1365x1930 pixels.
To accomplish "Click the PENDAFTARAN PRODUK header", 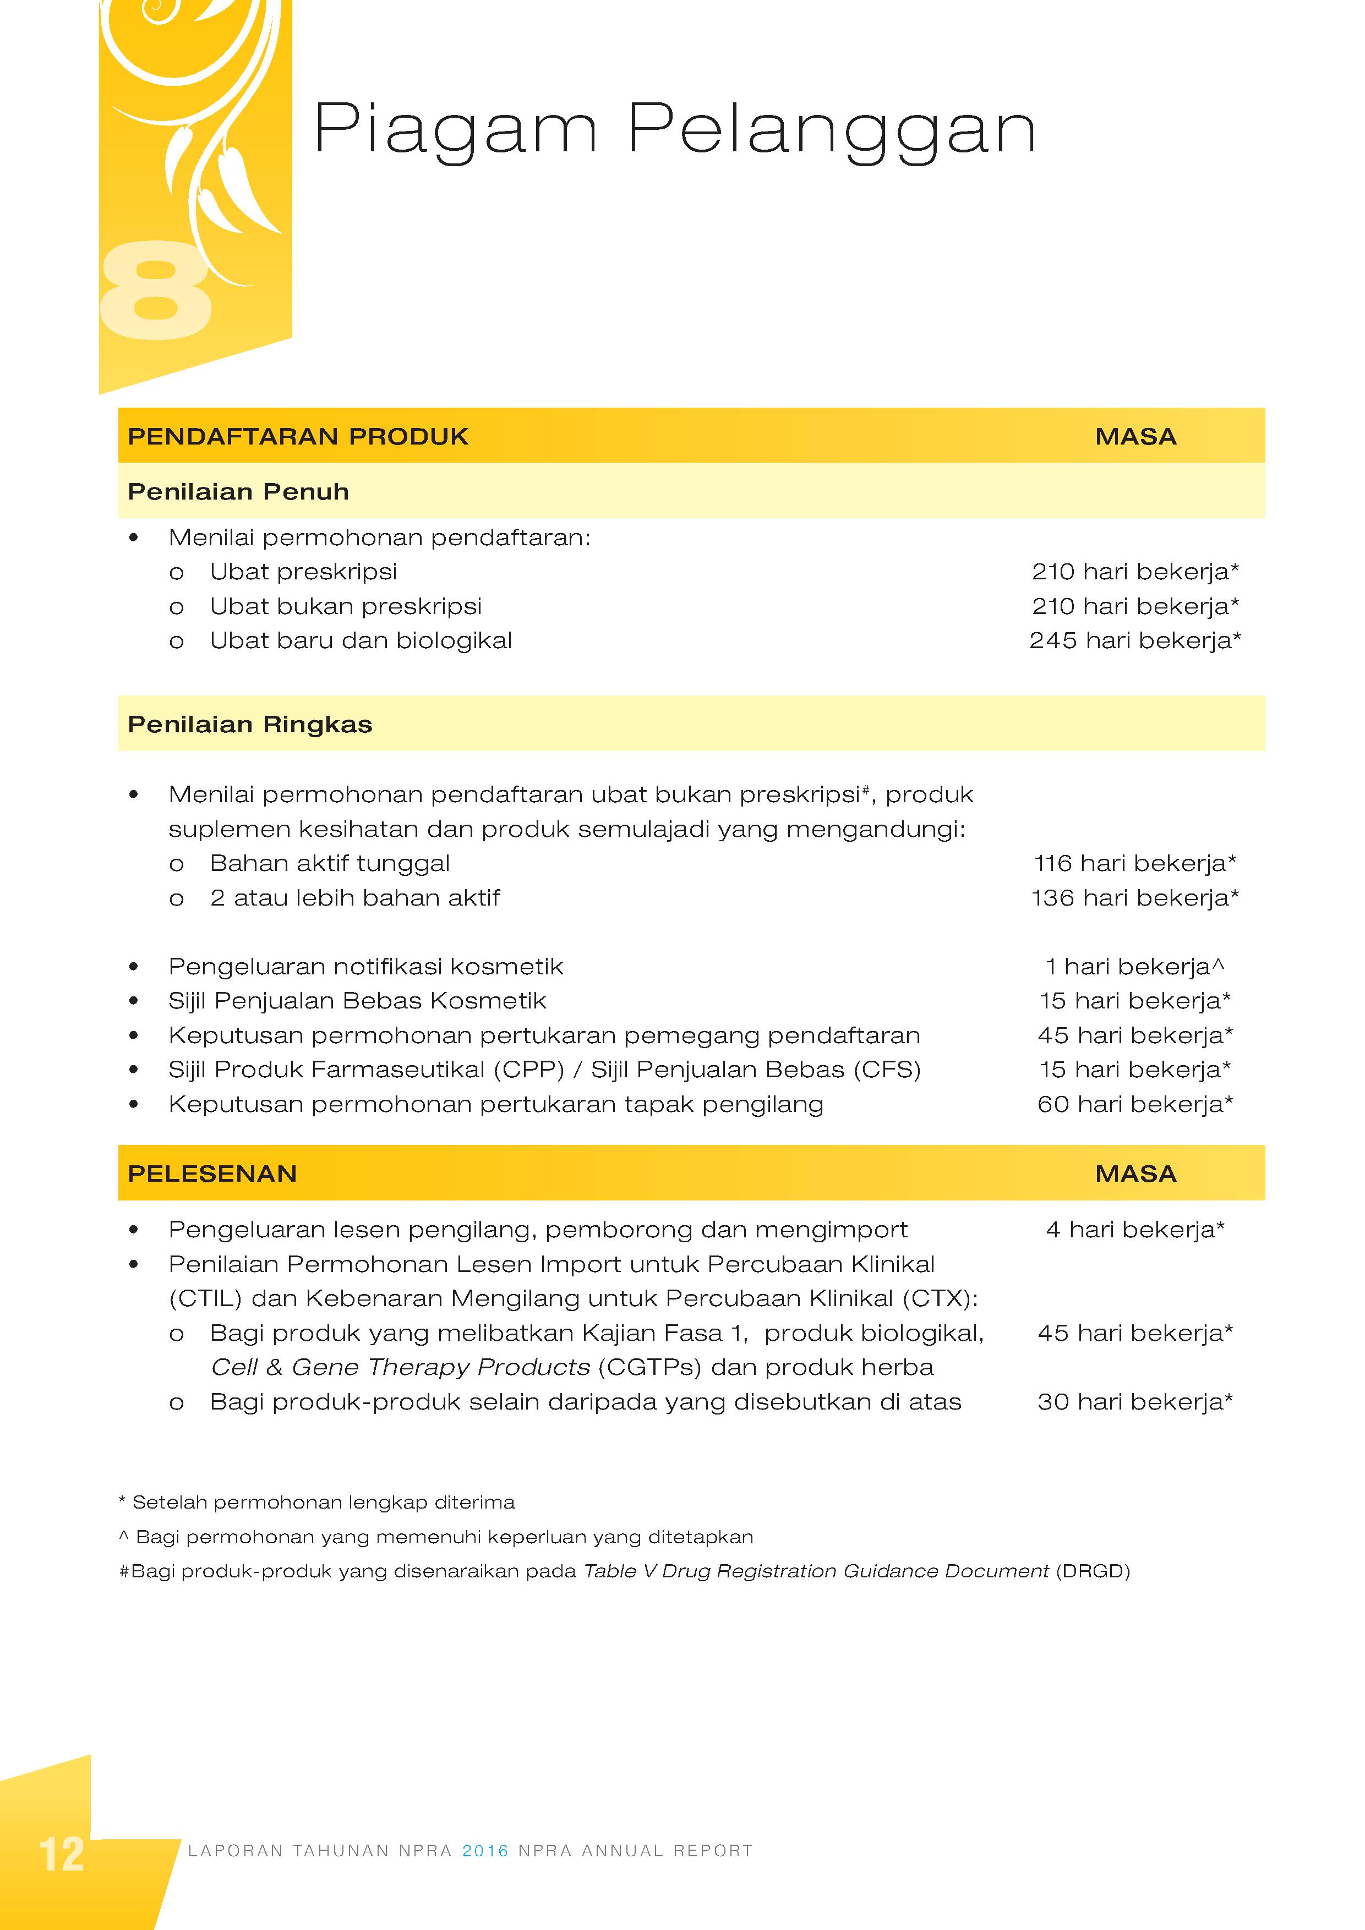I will [298, 436].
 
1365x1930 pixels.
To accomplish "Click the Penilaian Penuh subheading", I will [238, 492].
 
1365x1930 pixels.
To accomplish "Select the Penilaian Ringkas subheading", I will [250, 725].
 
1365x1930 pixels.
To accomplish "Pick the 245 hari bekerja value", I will [1134, 640].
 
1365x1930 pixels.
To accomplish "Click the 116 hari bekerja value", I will [1134, 863].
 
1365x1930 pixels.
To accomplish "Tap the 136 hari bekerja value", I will [1134, 898].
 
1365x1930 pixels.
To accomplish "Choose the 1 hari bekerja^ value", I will [1134, 967].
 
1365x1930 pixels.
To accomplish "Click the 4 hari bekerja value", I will [1134, 1230].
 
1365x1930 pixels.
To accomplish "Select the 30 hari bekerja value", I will [1134, 1401].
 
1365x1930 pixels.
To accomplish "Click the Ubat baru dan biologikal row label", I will [361, 640].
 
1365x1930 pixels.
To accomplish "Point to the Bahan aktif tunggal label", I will [330, 863].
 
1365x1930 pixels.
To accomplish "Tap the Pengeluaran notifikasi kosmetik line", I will [366, 967].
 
